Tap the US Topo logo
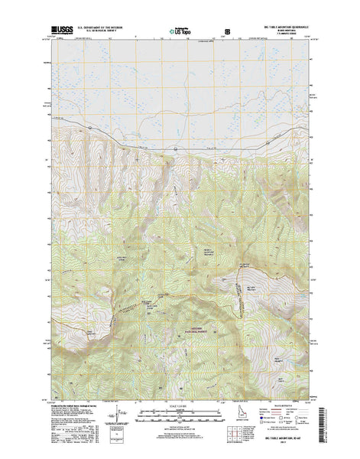click(181, 31)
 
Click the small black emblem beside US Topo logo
click(224, 32)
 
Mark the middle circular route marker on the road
click(175, 148)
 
